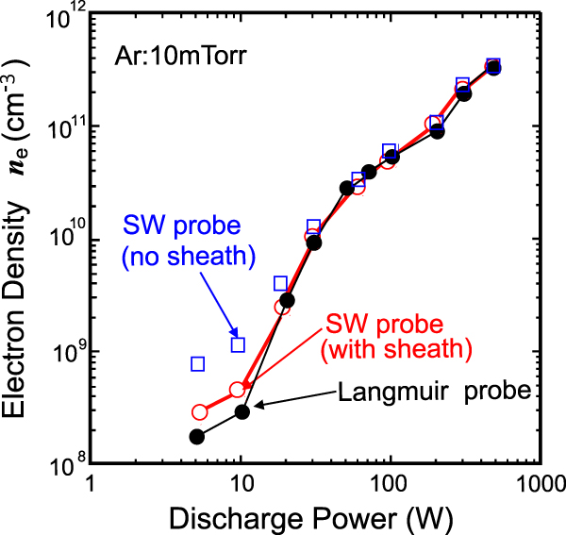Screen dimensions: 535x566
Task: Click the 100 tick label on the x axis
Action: point(389,484)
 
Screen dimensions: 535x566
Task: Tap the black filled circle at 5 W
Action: point(197,437)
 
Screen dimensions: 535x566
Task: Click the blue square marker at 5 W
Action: point(198,363)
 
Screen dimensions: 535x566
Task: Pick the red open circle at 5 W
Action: point(199,412)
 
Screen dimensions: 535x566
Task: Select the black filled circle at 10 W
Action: point(241,411)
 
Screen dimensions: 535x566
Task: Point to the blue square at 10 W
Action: point(238,344)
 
